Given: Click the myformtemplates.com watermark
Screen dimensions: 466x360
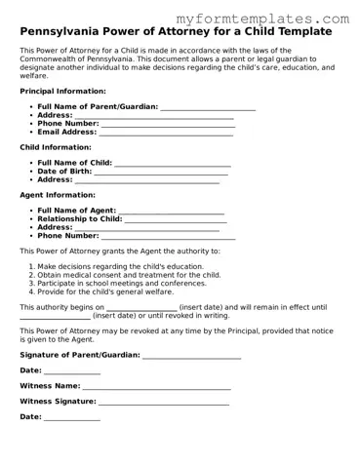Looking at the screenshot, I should click(278, 19).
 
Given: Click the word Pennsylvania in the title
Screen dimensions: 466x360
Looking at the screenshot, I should click(61, 32).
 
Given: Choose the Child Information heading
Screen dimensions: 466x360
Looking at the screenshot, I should click(56, 147).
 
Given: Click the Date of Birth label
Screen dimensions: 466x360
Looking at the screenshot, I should click(64, 171).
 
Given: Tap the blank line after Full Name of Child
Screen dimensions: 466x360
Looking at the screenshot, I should click(173, 163).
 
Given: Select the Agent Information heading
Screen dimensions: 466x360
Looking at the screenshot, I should click(58, 194).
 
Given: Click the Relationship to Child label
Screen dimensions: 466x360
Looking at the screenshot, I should click(80, 218).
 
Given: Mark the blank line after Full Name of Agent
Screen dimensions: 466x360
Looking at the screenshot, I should click(171, 211).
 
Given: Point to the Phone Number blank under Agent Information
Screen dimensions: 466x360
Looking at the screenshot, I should click(168, 236).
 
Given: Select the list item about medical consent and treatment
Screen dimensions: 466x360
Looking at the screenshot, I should click(129, 275).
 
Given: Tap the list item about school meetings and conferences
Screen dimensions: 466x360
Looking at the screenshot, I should click(121, 283).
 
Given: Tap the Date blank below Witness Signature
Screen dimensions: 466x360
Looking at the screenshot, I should click(71, 417).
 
